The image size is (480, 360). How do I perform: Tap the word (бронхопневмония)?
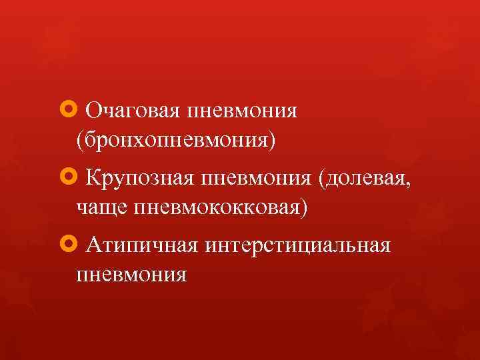175,140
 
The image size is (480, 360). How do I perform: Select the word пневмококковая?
219,208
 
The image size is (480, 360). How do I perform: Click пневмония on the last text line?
132,275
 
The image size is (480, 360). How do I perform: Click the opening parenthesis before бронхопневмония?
81,141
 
